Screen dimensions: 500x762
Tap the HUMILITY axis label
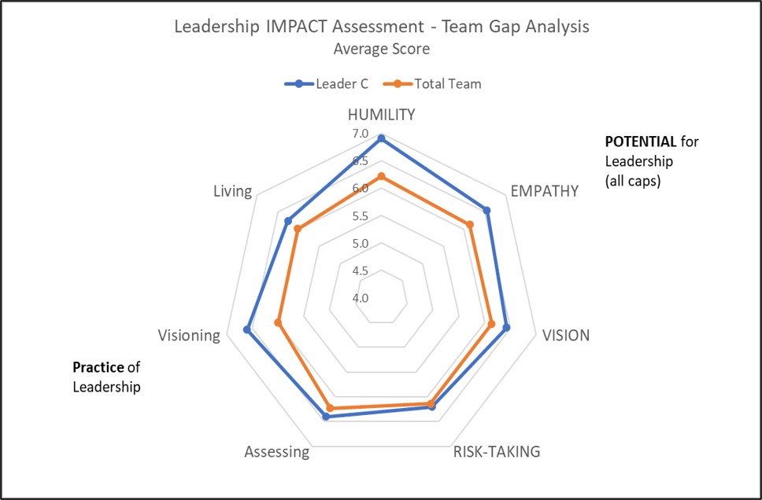(x=381, y=114)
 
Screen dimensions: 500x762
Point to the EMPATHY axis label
(x=544, y=190)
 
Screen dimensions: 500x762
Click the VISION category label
(x=565, y=336)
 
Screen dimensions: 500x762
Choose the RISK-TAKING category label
(x=497, y=451)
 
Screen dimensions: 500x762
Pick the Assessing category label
(x=276, y=452)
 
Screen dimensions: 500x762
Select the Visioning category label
(x=189, y=336)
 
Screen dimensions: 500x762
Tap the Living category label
(x=232, y=191)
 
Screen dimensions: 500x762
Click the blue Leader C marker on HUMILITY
(x=381, y=138)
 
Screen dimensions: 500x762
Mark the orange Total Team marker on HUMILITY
(x=381, y=177)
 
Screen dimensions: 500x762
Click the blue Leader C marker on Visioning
(x=247, y=329)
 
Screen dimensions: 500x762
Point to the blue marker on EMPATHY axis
(x=486, y=211)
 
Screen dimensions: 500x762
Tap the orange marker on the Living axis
(x=298, y=229)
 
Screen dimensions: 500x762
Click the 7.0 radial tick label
(x=361, y=134)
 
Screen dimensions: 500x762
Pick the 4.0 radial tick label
(x=361, y=298)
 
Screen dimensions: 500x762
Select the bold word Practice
(x=98, y=367)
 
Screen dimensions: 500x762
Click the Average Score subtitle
(x=381, y=48)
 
